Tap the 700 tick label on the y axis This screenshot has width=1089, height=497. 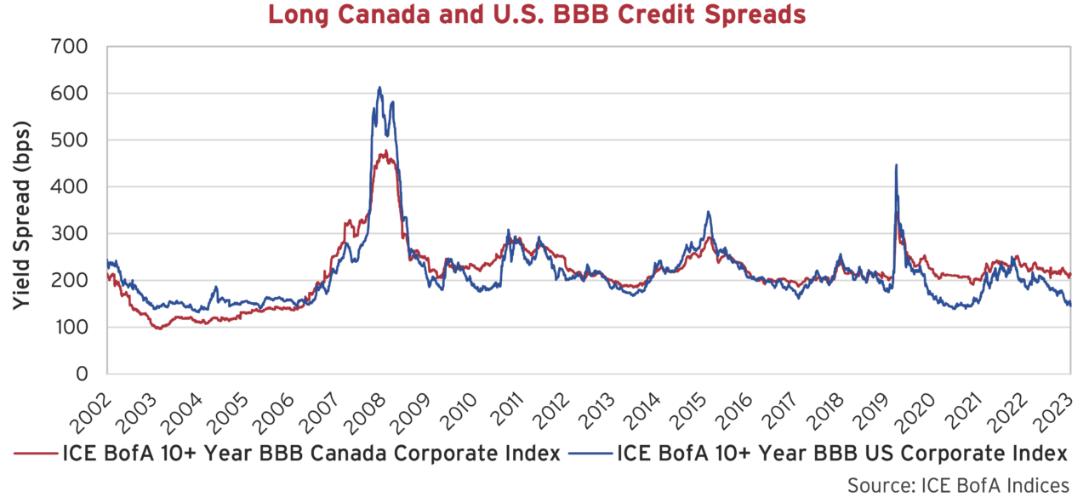click(x=71, y=46)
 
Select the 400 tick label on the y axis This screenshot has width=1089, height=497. click(x=71, y=186)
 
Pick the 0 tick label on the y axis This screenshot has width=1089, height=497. click(x=83, y=374)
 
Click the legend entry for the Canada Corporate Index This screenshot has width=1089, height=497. click(x=290, y=452)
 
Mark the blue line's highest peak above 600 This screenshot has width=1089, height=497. click(x=379, y=87)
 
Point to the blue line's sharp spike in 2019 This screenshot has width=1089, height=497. click(x=896, y=165)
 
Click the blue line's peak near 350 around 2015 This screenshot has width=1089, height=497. click(x=708, y=212)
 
